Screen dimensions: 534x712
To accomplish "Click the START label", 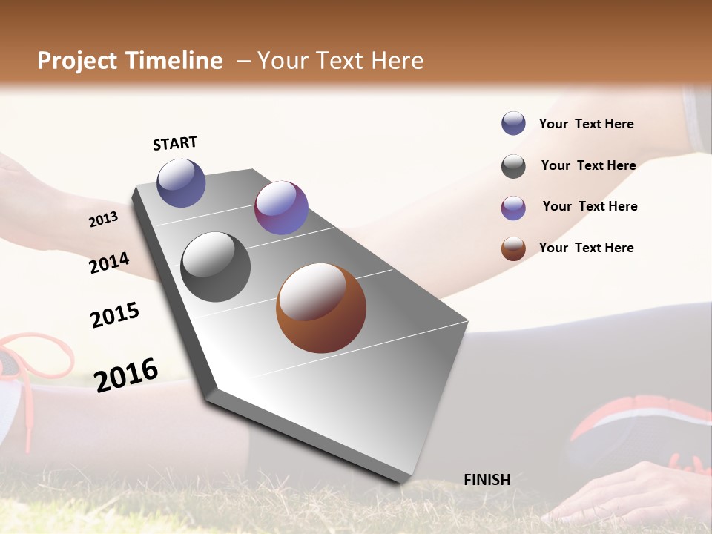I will [x=175, y=143].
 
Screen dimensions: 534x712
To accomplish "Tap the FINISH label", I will [x=487, y=480].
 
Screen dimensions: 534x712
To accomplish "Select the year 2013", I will [x=103, y=219].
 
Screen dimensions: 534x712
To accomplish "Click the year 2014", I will [x=109, y=263].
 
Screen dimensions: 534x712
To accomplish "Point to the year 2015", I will [x=115, y=314].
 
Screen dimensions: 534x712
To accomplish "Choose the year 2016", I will [x=126, y=375].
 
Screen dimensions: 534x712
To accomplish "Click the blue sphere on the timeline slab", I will [x=181, y=182].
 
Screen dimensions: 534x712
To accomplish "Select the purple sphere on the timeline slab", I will [x=281, y=208].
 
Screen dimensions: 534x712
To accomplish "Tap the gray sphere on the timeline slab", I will [x=216, y=267].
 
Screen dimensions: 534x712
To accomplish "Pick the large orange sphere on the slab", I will [x=321, y=308].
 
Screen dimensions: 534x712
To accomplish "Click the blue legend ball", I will [x=513, y=123].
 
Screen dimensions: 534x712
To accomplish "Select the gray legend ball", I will [x=513, y=166].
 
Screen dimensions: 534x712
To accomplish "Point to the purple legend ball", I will [x=513, y=208].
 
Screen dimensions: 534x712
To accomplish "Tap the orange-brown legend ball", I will [x=513, y=248].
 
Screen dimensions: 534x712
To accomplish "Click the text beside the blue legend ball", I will [x=586, y=124].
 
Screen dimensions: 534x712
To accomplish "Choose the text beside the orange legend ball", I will [x=586, y=248].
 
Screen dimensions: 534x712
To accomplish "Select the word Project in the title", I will [x=76, y=61].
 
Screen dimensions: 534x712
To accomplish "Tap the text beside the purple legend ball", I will [x=590, y=206].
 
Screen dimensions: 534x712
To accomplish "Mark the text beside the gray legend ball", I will [x=588, y=165].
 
